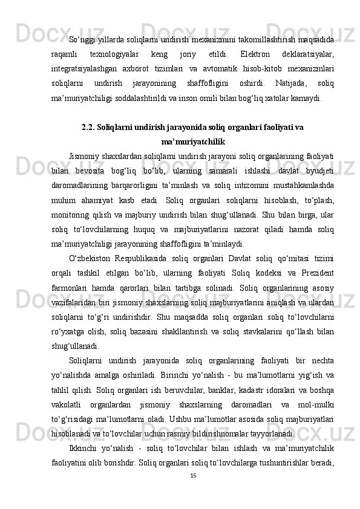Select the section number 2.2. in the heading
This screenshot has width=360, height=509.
click(x=89, y=128)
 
